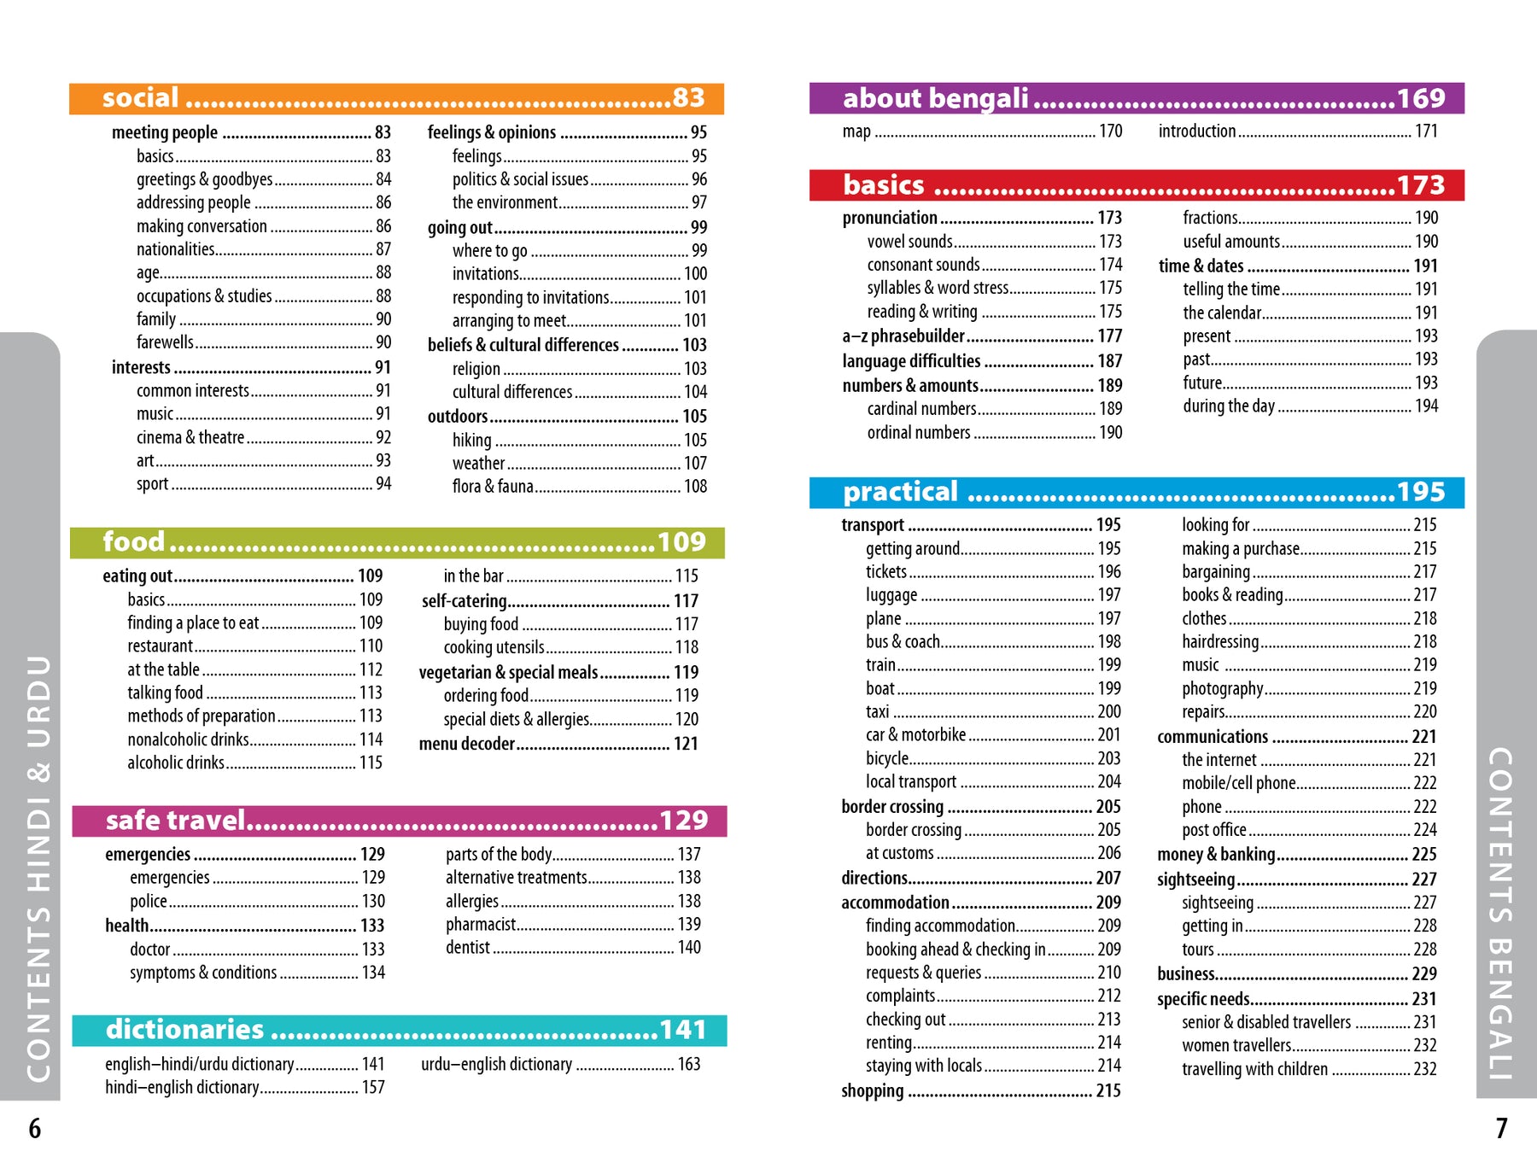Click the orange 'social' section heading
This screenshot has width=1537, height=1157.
141,98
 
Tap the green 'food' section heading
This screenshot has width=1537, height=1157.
134,542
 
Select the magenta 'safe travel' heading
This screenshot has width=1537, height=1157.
176,821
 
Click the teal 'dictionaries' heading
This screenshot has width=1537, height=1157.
185,1030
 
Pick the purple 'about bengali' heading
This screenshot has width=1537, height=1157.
936,98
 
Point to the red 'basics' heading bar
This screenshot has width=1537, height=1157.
884,185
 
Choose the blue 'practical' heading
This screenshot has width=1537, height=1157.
901,492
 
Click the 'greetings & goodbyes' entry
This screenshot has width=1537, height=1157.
205,179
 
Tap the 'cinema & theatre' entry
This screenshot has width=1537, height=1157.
190,437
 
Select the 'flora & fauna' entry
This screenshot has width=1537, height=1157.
493,487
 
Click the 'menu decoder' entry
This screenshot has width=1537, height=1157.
467,744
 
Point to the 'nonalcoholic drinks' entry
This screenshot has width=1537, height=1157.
188,739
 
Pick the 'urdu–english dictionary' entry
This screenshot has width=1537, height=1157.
496,1064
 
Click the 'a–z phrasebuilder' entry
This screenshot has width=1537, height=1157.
903,336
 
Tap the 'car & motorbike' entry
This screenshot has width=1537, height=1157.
915,735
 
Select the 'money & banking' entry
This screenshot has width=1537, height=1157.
1216,855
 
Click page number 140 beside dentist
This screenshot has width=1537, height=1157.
689,947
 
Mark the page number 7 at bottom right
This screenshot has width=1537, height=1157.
1501,1129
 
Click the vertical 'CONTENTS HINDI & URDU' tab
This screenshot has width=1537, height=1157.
39,867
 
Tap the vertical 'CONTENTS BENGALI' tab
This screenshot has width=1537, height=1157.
1500,914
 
